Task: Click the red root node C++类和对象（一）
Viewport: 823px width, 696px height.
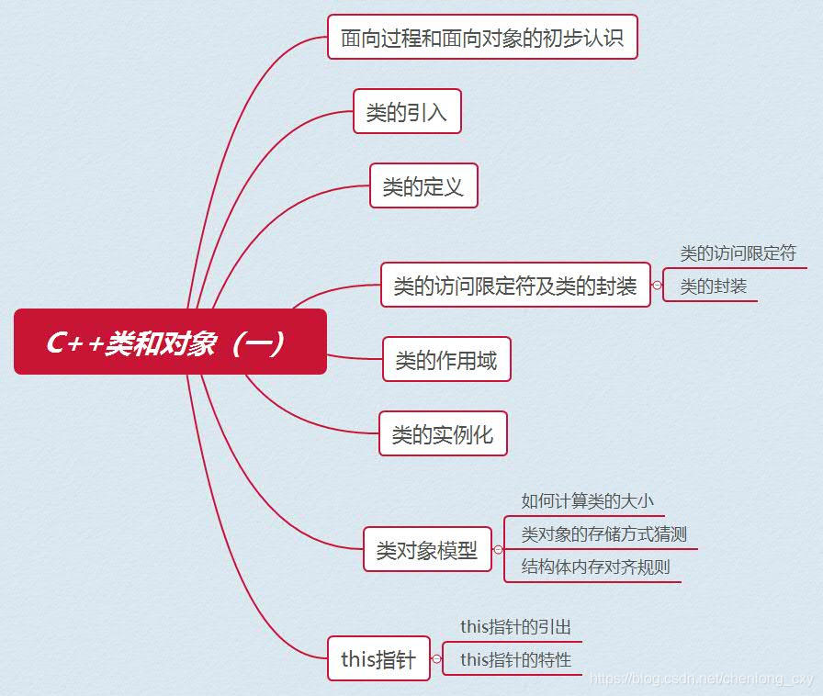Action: click(x=170, y=342)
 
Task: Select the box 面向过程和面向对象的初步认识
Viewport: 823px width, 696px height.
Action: click(x=482, y=38)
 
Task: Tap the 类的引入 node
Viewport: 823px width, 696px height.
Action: click(x=406, y=112)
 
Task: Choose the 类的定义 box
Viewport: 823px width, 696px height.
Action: click(x=423, y=186)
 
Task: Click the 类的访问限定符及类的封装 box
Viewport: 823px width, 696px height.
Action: click(x=515, y=286)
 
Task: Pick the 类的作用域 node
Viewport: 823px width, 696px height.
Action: click(x=446, y=360)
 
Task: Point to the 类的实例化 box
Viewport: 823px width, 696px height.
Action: click(x=443, y=434)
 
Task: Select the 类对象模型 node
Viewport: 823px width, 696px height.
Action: click(x=427, y=550)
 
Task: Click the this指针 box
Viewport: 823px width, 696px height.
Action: click(x=378, y=658)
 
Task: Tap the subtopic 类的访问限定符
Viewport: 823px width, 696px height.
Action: click(x=738, y=253)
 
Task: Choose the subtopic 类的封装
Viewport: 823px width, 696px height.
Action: click(x=714, y=286)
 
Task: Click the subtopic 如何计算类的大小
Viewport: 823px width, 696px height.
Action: click(x=588, y=501)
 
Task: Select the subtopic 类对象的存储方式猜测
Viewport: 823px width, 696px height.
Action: click(x=604, y=534)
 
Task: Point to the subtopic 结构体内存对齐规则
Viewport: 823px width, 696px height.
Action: click(x=596, y=567)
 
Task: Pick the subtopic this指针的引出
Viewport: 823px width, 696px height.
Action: click(x=515, y=627)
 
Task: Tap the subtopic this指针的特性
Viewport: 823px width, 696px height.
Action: click(x=515, y=660)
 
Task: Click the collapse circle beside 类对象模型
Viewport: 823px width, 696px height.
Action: click(x=498, y=550)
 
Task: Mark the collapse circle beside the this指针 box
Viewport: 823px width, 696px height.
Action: click(x=436, y=658)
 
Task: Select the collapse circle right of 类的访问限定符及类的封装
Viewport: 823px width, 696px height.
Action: click(x=657, y=286)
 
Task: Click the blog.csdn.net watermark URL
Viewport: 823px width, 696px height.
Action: click(x=702, y=679)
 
